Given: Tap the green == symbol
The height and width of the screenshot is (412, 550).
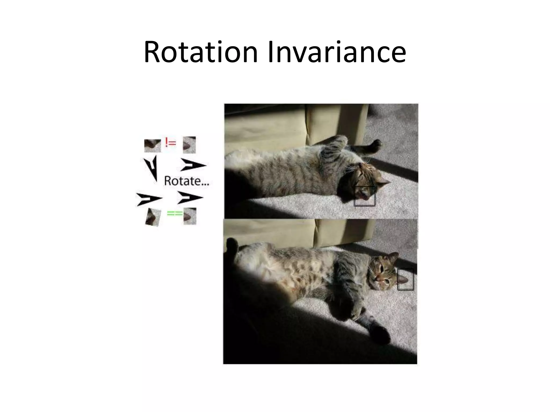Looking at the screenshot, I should tap(175, 214).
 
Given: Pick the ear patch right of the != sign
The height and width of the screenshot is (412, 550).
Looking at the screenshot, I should tap(189, 145).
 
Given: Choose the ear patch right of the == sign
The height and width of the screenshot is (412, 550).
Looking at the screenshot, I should tap(190, 216).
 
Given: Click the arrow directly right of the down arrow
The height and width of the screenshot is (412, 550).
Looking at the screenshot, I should tap(193, 165).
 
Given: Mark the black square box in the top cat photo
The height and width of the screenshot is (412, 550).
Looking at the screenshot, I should tap(364, 196).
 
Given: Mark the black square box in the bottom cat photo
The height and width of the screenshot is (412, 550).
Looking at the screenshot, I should tap(405, 279).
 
